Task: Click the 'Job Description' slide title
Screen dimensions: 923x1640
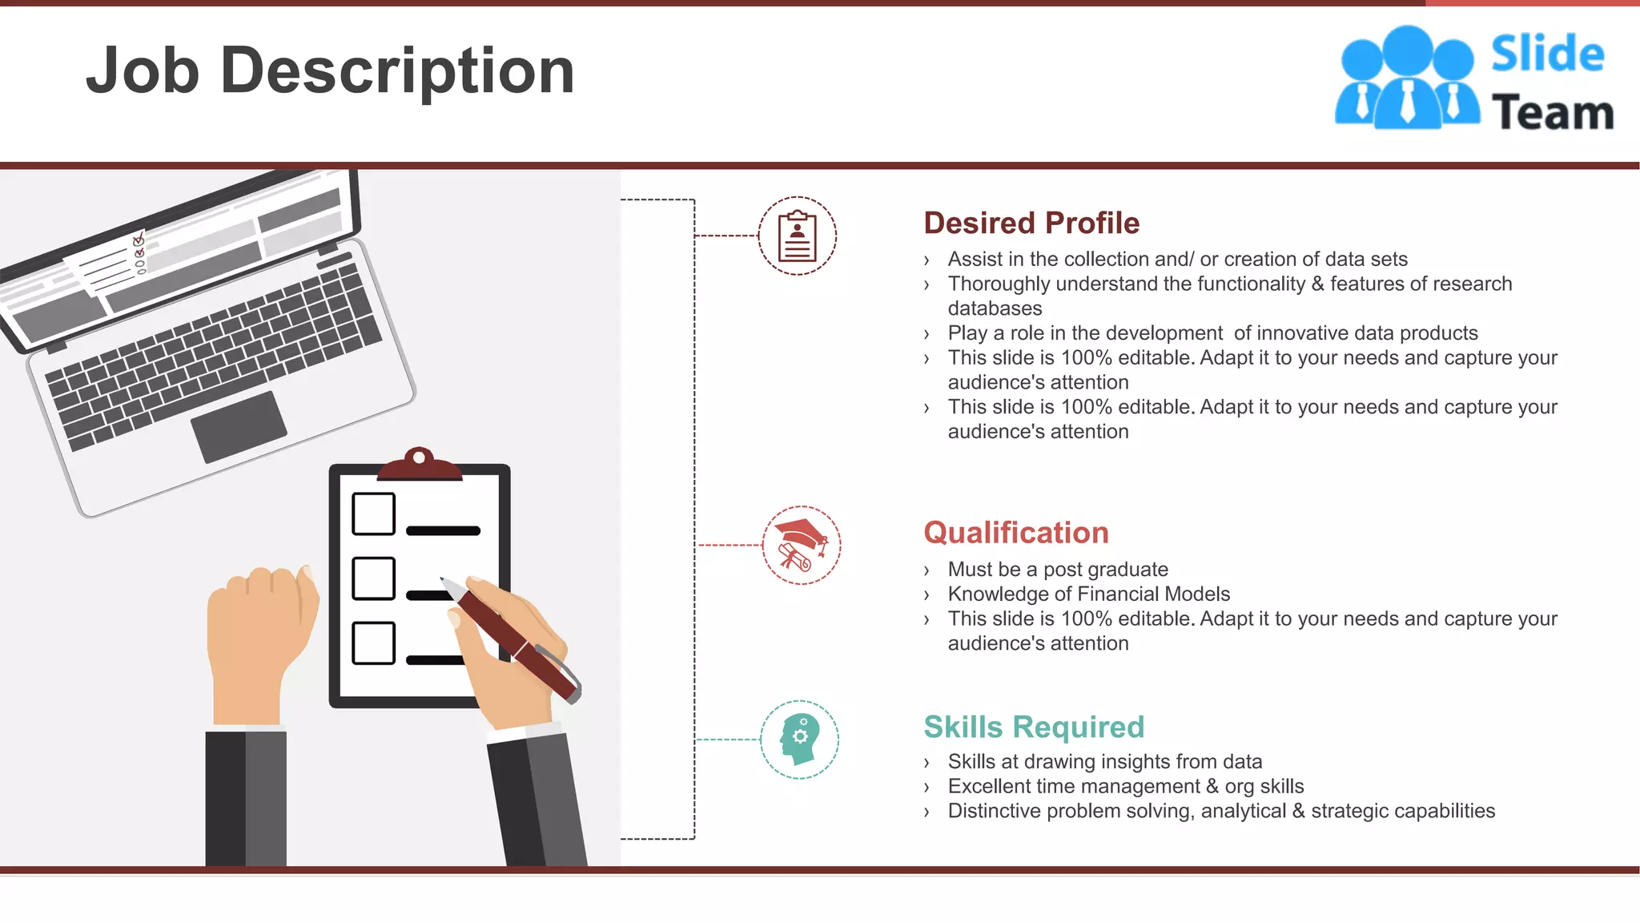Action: tap(330, 71)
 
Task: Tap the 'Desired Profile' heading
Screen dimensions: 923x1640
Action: tap(1031, 223)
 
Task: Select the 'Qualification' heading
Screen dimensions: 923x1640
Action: tap(1016, 533)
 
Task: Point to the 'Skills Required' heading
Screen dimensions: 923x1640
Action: tap(1034, 727)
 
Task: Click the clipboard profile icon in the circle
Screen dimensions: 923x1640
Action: tap(798, 236)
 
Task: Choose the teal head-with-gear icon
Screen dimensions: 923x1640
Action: tap(799, 740)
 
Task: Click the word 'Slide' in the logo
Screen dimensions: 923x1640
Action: tap(1547, 54)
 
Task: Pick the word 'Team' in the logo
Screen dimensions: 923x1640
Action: tap(1552, 112)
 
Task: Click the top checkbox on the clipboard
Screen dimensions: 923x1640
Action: tap(373, 514)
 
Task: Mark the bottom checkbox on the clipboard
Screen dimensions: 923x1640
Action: tap(373, 643)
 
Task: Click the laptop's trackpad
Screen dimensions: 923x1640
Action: tap(239, 426)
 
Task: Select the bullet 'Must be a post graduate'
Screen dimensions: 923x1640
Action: tap(1057, 569)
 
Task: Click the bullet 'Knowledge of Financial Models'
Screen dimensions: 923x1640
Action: tap(1088, 594)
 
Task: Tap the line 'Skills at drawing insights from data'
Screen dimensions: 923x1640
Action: tap(1104, 761)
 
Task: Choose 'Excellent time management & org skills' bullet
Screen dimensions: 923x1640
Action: tap(1125, 786)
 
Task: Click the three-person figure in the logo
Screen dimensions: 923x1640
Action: tap(1407, 79)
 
